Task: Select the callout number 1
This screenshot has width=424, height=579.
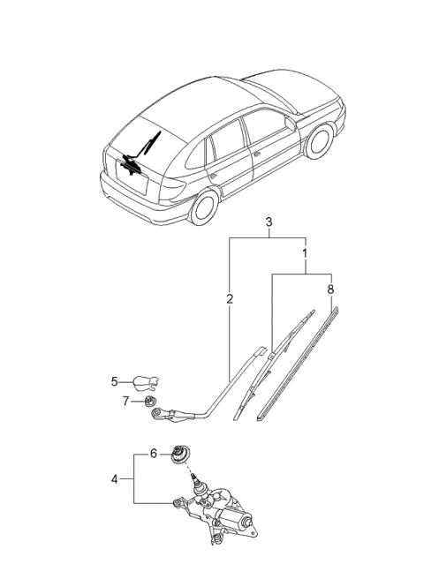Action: tap(306, 252)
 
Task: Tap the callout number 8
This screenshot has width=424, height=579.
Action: tap(330, 288)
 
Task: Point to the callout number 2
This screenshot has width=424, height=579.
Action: tap(230, 300)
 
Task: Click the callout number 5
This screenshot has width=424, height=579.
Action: tap(114, 382)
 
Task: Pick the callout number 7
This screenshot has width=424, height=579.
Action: tap(125, 401)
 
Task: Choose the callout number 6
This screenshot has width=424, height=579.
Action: tap(154, 453)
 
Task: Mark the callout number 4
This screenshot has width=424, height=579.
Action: tap(114, 479)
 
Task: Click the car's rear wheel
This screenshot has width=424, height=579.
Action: tap(204, 207)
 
